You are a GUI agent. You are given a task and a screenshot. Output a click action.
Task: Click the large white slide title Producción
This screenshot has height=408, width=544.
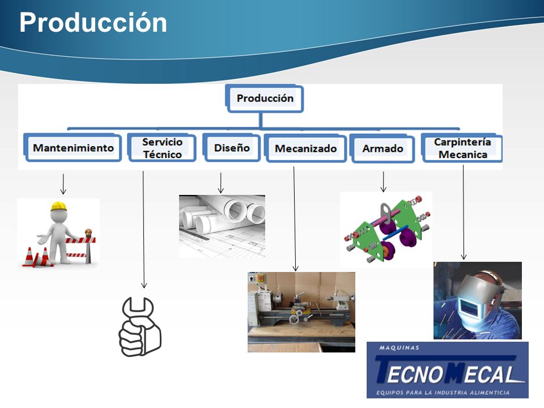point(93,23)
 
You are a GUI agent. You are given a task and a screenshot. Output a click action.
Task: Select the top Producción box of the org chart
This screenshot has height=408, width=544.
point(265,99)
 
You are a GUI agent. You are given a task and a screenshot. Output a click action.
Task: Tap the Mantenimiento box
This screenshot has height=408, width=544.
point(73,148)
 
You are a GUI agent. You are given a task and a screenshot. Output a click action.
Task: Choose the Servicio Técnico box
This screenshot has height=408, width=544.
point(162,148)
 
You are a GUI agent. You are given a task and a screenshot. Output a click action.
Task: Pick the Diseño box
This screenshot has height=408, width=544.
point(231,148)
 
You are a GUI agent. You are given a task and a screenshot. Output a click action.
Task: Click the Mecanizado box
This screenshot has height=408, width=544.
point(305,148)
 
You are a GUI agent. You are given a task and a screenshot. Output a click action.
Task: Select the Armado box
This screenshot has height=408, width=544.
point(382,148)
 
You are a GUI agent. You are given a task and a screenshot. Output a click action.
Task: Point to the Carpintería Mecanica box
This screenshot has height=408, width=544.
point(462,148)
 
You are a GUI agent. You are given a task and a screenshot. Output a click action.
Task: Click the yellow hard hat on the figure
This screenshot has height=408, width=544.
point(58,206)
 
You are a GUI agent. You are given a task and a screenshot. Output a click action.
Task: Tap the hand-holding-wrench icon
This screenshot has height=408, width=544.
point(140,327)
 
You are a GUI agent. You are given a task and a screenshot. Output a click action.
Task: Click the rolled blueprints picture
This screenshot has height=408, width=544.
point(222,226)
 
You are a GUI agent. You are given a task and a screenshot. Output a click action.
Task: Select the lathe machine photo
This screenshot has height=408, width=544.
point(301,312)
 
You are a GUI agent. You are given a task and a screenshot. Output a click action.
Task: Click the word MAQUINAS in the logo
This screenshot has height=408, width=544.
point(399,347)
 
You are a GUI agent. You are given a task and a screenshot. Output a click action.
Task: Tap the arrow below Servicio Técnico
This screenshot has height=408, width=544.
point(143,229)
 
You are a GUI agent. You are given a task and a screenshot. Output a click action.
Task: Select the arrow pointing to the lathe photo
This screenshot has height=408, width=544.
point(295,219)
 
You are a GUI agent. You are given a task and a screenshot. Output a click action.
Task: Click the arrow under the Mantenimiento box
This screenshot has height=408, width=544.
point(63,184)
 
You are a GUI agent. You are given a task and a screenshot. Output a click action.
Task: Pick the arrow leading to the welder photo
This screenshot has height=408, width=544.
point(464,212)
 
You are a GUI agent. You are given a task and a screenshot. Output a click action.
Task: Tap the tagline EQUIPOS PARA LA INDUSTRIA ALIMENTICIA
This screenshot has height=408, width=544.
point(443,393)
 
